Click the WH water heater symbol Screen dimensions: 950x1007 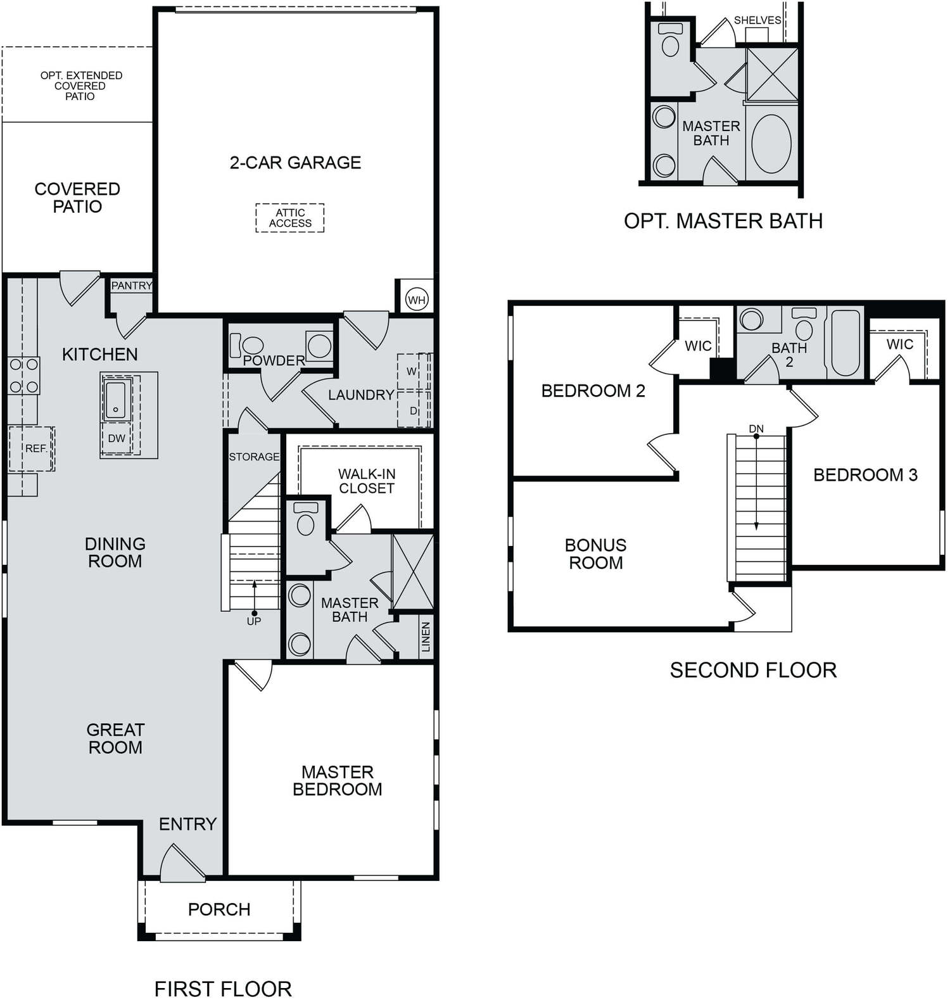point(416,300)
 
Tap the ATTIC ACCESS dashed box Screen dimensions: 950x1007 point(290,218)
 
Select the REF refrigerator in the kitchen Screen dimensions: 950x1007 point(32,448)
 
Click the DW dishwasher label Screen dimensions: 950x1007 point(117,438)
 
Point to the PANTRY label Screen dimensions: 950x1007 point(132,286)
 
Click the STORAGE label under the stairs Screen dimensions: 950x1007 point(254,457)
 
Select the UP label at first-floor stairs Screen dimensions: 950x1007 point(254,621)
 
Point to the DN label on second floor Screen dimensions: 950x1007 point(756,429)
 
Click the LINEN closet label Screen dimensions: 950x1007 point(426,636)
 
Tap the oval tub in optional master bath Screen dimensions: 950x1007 point(771,144)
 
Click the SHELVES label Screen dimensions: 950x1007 point(757,20)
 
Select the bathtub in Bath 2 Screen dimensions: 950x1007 point(845,342)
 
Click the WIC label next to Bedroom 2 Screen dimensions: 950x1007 point(698,346)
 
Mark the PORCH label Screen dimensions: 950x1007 point(219,909)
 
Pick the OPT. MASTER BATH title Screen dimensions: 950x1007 point(723,221)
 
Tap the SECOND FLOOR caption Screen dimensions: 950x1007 point(753,670)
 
